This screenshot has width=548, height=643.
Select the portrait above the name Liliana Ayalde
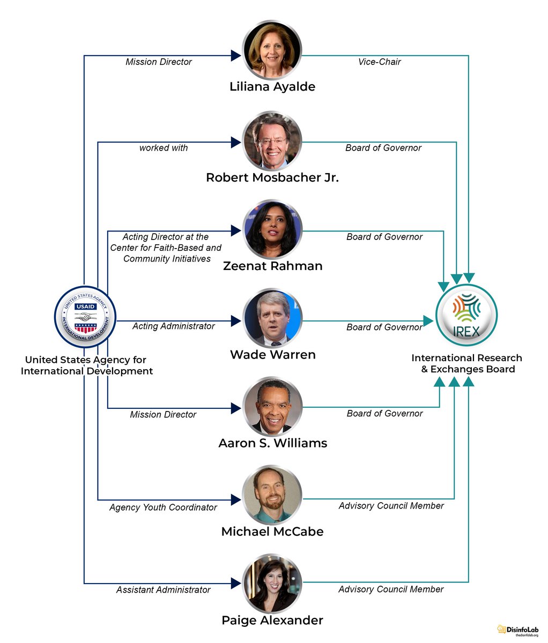(272, 50)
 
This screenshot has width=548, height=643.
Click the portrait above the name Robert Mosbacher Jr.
(272, 141)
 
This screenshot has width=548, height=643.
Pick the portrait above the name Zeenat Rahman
(272, 229)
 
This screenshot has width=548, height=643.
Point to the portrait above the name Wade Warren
(272, 319)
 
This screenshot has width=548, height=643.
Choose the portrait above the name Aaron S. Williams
(272, 408)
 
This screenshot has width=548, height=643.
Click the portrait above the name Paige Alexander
(272, 585)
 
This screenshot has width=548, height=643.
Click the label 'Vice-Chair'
(379, 62)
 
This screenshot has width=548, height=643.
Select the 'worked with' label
(164, 148)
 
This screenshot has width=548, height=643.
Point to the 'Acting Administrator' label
(174, 326)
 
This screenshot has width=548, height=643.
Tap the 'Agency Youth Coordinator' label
(163, 507)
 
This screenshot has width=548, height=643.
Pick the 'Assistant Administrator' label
(164, 589)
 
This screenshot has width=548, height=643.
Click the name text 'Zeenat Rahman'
(272, 266)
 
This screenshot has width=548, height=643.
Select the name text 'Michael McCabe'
(272, 532)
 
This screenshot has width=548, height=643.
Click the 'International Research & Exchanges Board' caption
(467, 363)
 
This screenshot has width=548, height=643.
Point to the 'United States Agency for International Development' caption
(86, 365)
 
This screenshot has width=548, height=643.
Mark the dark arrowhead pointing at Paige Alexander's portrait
(235, 583)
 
